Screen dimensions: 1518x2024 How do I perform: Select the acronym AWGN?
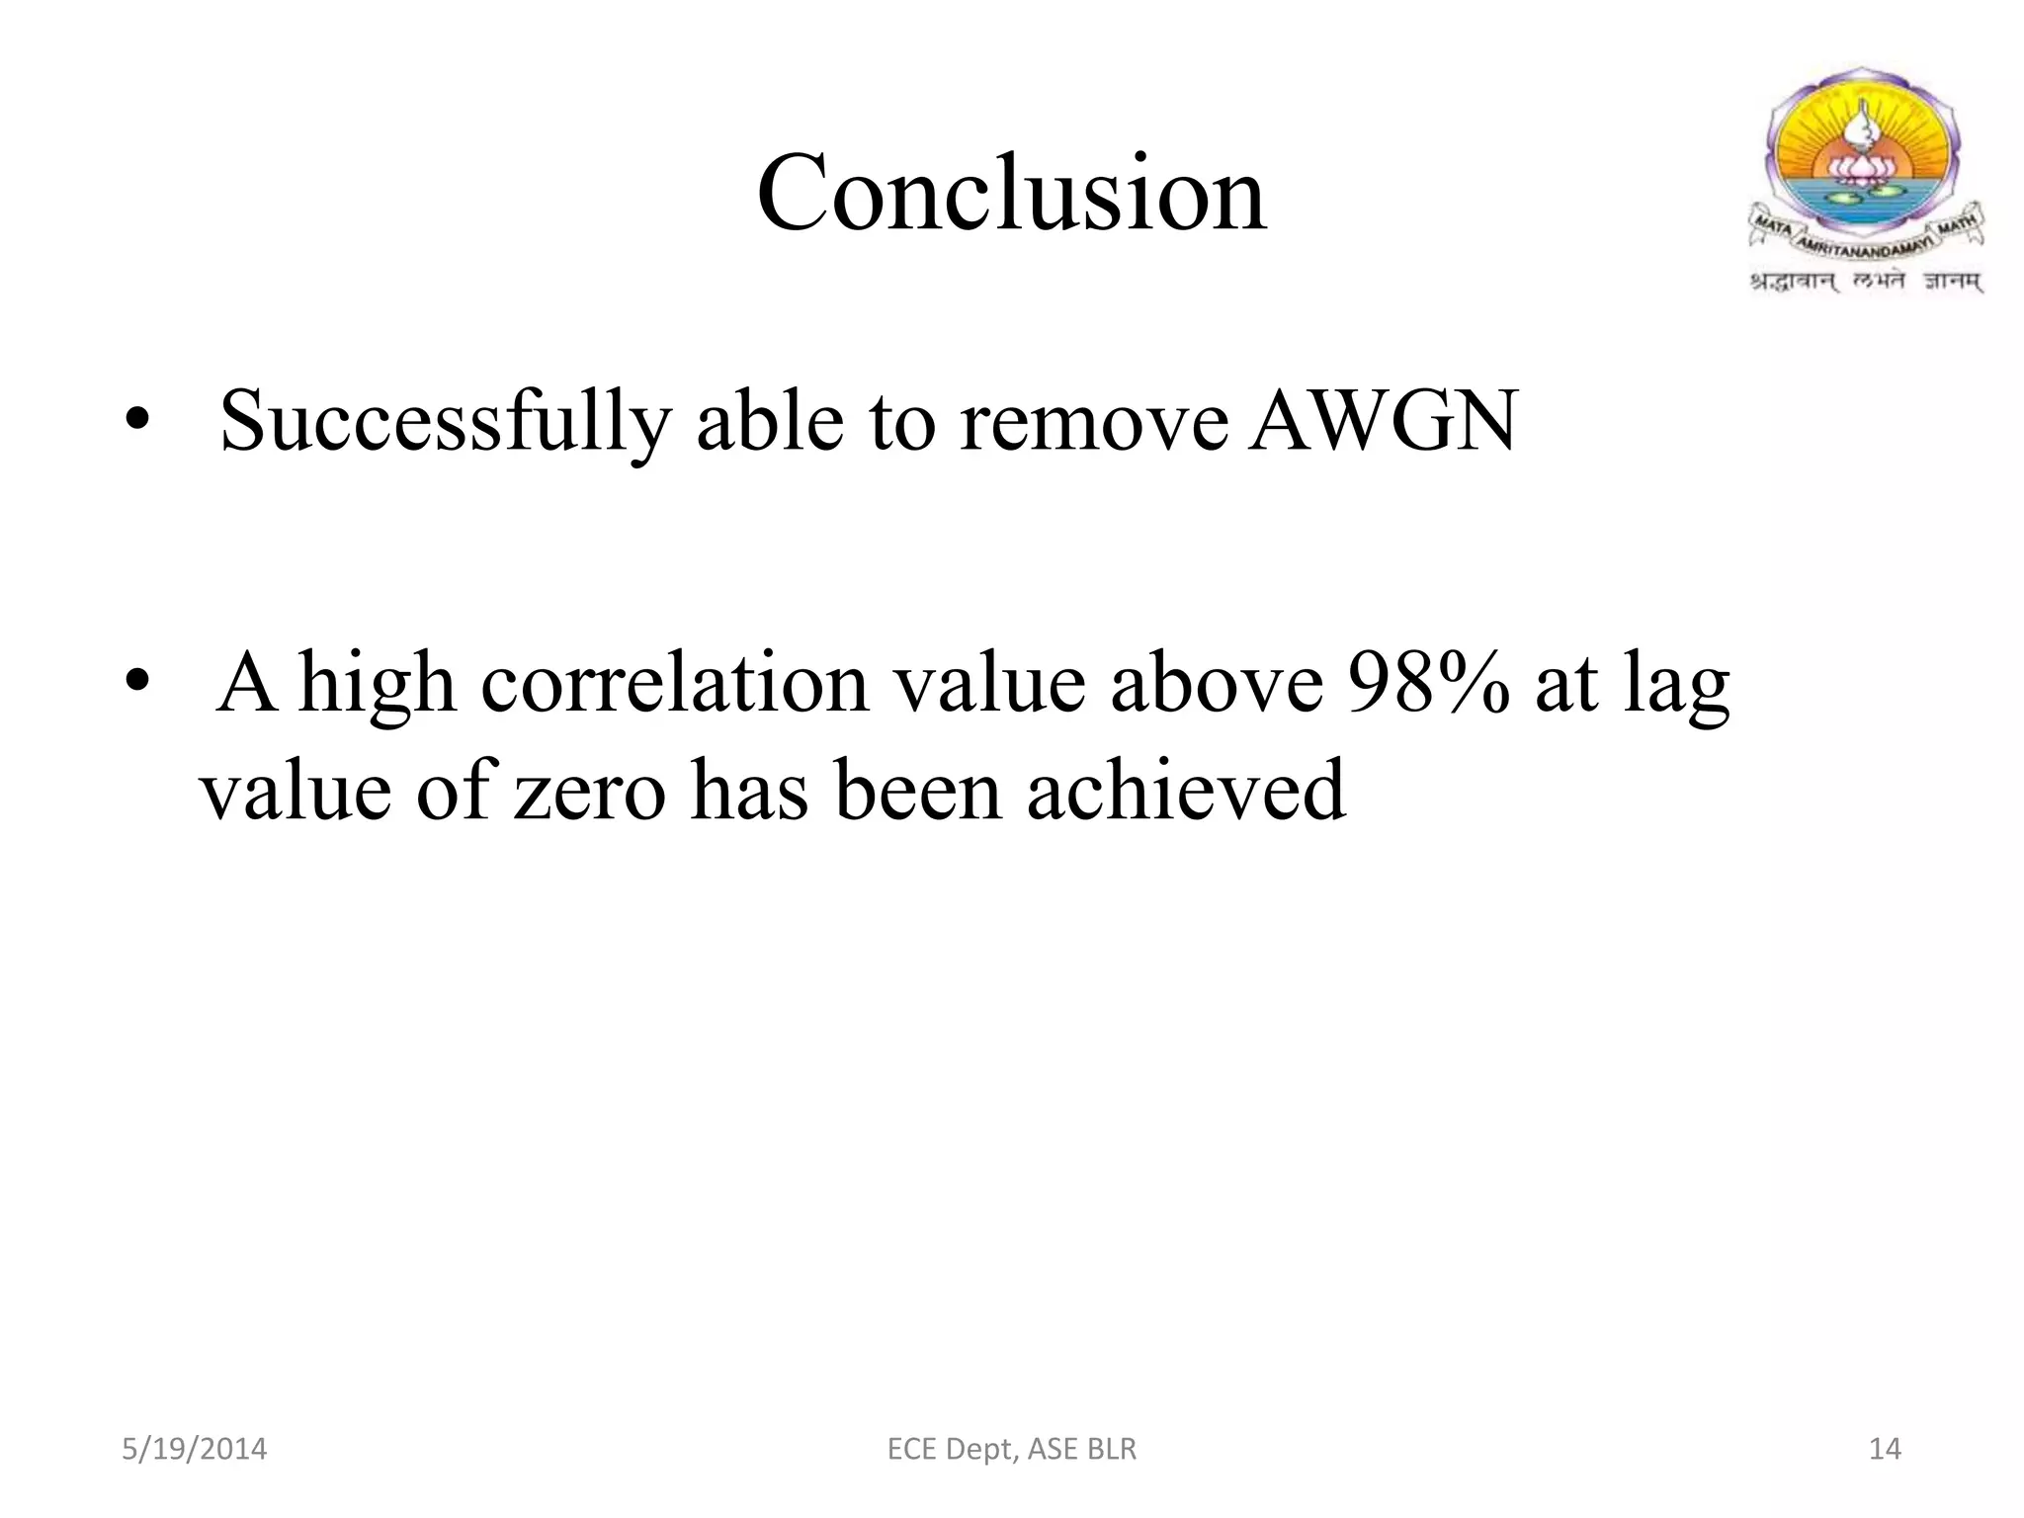pos(1381,422)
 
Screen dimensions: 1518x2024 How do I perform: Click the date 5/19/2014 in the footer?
pos(194,1449)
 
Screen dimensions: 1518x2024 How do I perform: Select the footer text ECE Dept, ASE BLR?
pos(1012,1449)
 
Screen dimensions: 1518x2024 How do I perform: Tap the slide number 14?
pos(1885,1449)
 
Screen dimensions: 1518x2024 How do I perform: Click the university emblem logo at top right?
pos(1865,163)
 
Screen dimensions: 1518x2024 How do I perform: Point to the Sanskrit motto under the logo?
pos(1867,283)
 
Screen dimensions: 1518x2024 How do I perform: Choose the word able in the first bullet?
pos(770,422)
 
